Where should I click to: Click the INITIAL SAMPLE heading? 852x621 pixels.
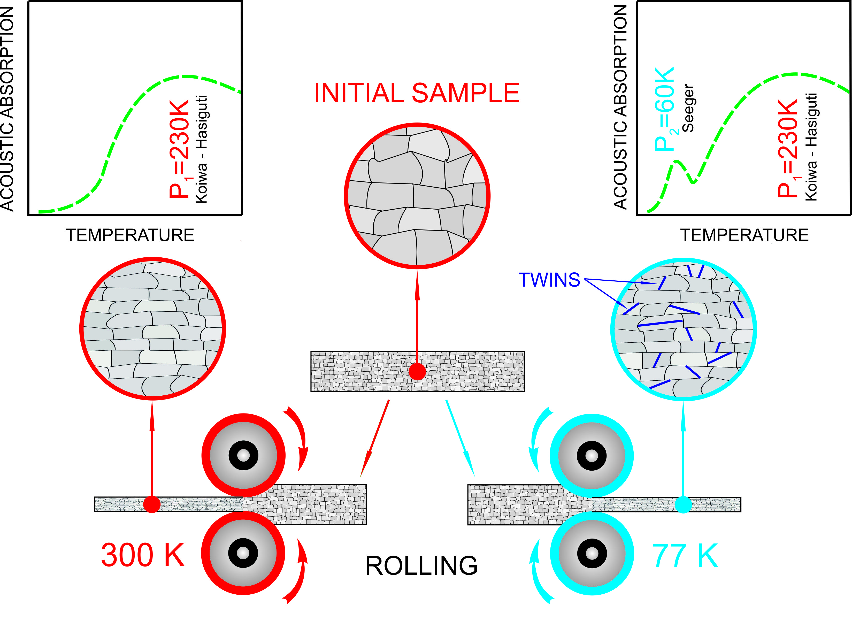[x=416, y=93]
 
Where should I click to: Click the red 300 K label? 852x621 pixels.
[x=143, y=555]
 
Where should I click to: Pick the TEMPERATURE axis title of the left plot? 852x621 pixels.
[x=130, y=235]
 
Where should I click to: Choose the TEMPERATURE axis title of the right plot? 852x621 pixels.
[x=744, y=235]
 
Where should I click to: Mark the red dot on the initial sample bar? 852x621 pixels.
[x=417, y=372]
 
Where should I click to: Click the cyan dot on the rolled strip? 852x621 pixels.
[x=683, y=504]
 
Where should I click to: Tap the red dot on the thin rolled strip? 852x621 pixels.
[x=152, y=504]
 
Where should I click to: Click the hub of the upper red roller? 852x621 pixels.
[x=243, y=455]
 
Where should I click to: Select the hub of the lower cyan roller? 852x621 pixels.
[x=592, y=553]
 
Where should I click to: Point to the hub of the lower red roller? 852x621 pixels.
[x=243, y=553]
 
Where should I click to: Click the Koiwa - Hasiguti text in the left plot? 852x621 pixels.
[x=202, y=150]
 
